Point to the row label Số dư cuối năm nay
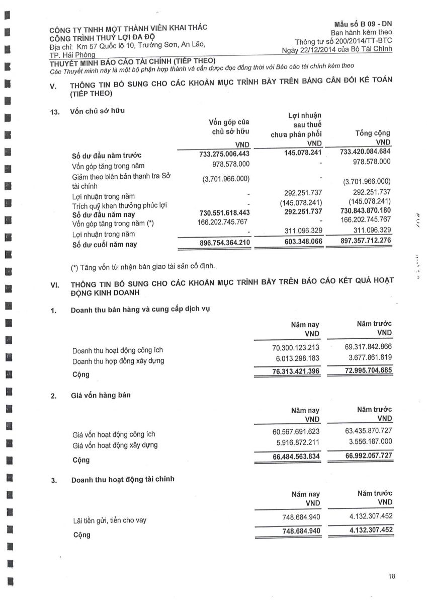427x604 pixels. (105, 245)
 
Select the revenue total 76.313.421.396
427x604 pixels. (288, 371)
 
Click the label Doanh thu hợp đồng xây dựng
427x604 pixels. (118, 361)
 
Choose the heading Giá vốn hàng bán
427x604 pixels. (101, 395)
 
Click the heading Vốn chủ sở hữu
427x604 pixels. (98, 111)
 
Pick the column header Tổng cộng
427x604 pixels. (372, 133)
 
